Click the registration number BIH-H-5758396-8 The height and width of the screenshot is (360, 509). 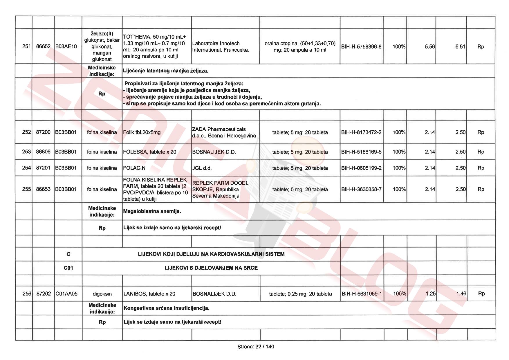click(361, 46)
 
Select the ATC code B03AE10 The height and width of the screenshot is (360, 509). click(66, 46)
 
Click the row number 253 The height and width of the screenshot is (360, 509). click(26, 152)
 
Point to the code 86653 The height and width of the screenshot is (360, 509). click(43, 189)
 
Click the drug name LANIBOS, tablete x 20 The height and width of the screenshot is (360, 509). click(149, 294)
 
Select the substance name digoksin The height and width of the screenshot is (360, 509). click(102, 294)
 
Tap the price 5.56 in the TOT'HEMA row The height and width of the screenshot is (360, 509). click(429, 46)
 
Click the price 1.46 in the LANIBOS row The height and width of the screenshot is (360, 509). click(461, 294)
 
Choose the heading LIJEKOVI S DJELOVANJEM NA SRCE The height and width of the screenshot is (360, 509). click(211, 268)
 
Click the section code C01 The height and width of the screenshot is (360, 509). click(68, 268)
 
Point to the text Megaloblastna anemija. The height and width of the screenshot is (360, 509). click(152, 211)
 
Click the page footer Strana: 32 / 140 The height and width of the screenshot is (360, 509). click(256, 347)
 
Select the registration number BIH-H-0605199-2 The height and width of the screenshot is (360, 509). click(361, 168)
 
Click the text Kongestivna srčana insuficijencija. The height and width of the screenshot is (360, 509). click(166, 308)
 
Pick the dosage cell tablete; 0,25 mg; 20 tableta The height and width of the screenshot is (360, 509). click(300, 294)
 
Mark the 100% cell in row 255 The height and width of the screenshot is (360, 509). click(399, 189)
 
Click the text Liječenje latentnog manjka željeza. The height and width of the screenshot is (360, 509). click(166, 71)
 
